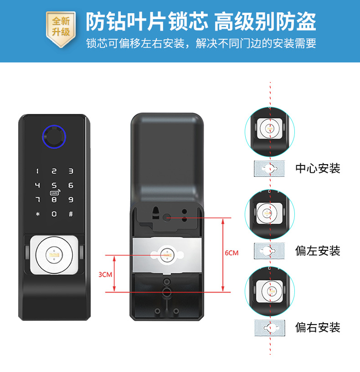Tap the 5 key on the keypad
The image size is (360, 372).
54,185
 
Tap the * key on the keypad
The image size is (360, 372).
38,214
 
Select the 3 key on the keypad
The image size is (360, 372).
71,171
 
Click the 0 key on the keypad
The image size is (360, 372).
54,214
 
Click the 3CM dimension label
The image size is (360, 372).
105,274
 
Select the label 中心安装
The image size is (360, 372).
318,168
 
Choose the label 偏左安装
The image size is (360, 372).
318,250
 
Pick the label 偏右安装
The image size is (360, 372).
318,327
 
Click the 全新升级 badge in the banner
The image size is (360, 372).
61,27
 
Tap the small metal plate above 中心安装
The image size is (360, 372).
269,168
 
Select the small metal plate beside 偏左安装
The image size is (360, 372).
269,250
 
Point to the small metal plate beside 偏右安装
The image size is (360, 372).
269,327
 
